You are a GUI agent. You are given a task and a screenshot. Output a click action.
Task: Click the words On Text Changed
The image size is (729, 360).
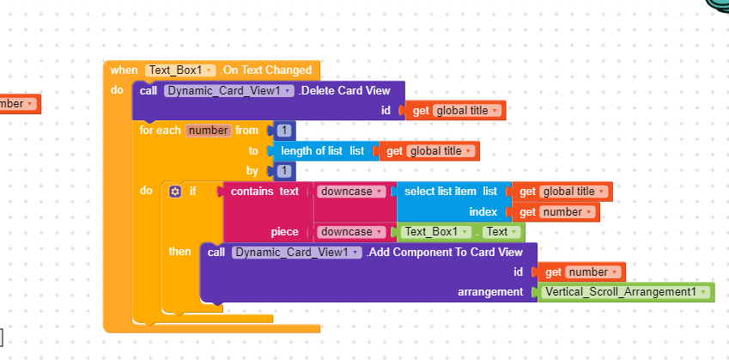click(x=266, y=70)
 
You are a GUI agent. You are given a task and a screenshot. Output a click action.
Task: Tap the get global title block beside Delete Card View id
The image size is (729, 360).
click(x=455, y=110)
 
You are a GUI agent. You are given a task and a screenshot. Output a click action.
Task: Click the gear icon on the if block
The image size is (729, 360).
click(x=175, y=191)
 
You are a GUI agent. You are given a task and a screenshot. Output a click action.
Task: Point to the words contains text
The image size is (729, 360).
click(x=264, y=191)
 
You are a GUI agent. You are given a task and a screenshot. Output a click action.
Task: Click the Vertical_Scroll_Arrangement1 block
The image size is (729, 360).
click(x=624, y=291)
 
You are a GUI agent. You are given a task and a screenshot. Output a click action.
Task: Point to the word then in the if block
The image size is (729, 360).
click(x=180, y=251)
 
